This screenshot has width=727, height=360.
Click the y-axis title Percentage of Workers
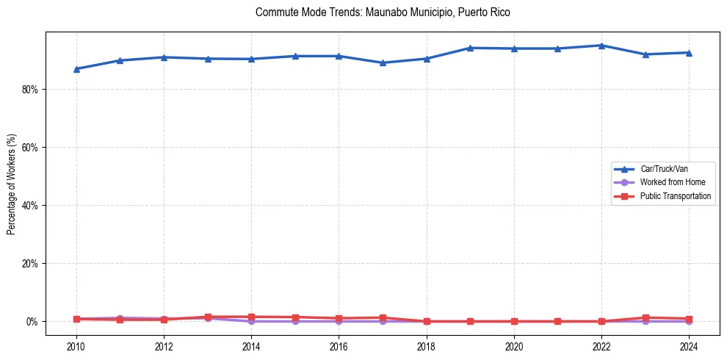point(12,184)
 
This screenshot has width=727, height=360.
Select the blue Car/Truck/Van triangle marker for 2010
point(76,69)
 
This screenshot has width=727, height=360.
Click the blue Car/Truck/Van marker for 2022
point(601,46)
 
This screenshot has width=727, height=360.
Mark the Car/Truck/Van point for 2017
point(383,63)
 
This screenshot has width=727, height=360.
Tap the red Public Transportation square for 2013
point(208,317)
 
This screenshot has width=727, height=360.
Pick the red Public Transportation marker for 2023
point(645,317)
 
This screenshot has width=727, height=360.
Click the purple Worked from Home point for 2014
point(251,321)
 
